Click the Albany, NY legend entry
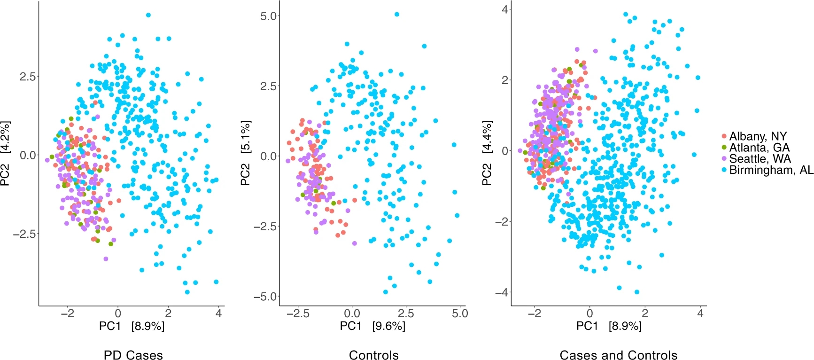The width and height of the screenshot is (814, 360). (757, 136)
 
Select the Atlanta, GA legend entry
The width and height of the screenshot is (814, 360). (759, 148)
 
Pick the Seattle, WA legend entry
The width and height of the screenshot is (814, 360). (760, 159)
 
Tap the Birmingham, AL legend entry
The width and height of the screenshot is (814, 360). (771, 170)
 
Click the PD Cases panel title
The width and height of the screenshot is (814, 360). (133, 355)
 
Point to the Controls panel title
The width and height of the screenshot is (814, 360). (373, 355)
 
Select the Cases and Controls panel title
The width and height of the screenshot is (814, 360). (619, 355)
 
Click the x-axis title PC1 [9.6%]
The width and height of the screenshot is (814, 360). (372, 326)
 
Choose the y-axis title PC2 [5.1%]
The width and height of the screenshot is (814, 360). (246, 154)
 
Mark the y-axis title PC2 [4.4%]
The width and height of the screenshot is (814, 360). (488, 154)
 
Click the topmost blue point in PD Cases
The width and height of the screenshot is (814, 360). (148, 15)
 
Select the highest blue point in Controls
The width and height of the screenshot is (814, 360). (397, 15)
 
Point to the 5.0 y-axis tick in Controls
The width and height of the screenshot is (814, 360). (268, 16)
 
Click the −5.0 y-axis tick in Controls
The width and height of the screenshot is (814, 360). (265, 297)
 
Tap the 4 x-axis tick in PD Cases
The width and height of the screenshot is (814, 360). (218, 313)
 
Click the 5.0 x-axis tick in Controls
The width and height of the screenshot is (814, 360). (460, 313)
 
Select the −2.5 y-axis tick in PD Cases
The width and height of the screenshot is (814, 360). (25, 234)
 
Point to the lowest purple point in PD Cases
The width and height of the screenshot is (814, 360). (106, 259)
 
